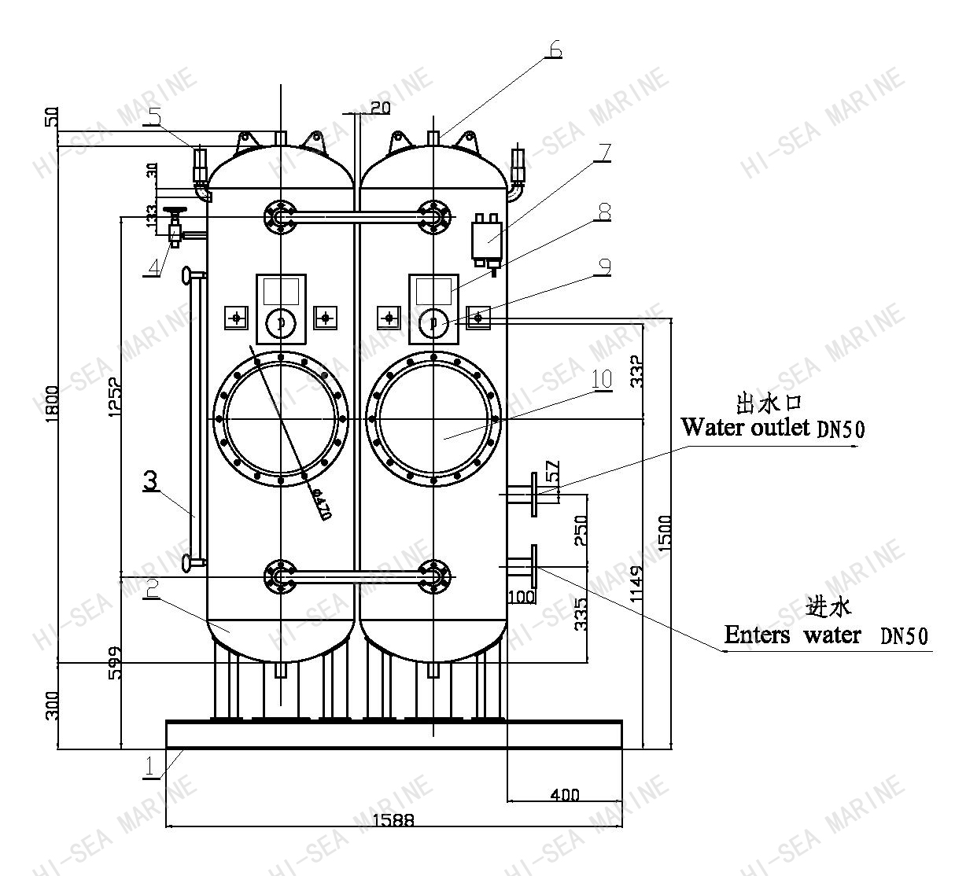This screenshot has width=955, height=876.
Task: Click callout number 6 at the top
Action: (x=555, y=49)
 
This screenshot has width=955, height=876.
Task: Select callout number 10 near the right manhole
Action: (x=602, y=380)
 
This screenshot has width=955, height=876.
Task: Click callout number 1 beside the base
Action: (x=150, y=767)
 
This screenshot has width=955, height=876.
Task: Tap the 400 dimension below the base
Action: (x=565, y=794)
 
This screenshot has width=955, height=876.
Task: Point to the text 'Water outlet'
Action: (x=745, y=427)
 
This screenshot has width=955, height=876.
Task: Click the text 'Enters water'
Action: (x=792, y=635)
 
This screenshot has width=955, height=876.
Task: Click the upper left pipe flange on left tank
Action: (x=280, y=216)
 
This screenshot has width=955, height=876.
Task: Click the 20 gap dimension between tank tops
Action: (x=379, y=109)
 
